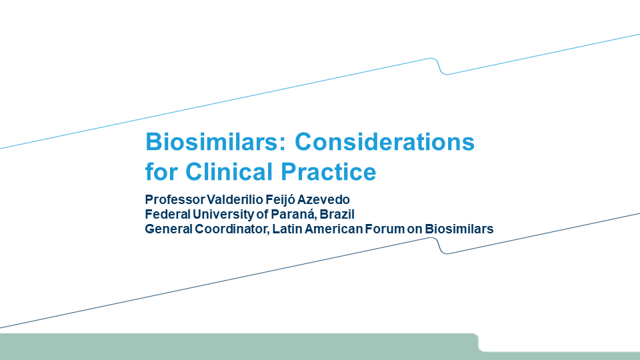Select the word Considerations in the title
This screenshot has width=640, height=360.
[385, 141]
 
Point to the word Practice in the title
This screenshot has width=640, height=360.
[329, 171]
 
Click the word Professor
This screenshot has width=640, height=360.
[175, 199]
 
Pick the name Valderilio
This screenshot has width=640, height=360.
[235, 199]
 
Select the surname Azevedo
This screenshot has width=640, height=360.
[323, 199]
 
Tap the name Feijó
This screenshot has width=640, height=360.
[279, 200]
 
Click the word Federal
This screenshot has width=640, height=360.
[168, 214]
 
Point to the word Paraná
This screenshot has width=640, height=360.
[294, 215]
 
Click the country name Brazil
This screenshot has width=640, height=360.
[337, 214]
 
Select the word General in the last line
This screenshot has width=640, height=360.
[169, 229]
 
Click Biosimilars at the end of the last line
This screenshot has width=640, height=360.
[459, 229]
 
